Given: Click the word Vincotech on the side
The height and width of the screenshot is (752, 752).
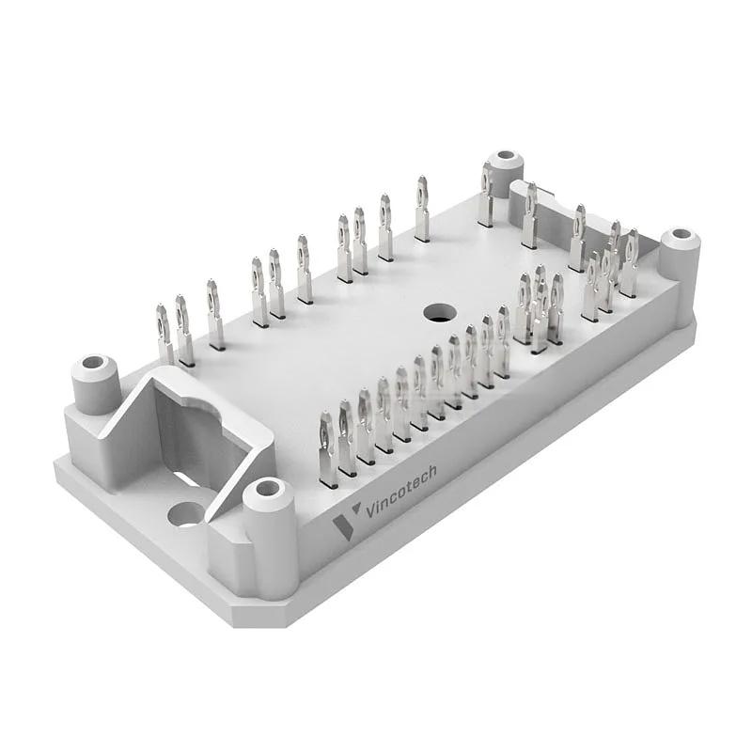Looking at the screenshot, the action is coord(401,491).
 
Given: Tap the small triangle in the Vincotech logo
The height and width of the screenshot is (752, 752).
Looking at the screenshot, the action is coord(355,508).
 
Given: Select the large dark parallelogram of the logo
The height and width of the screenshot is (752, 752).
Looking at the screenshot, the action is coord(343,528).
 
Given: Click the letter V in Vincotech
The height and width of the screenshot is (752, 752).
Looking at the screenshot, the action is coord(370,510).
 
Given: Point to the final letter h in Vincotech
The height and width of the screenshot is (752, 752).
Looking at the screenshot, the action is coord(431,472).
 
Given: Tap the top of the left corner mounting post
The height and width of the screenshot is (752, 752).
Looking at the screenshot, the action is coord(94,364).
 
